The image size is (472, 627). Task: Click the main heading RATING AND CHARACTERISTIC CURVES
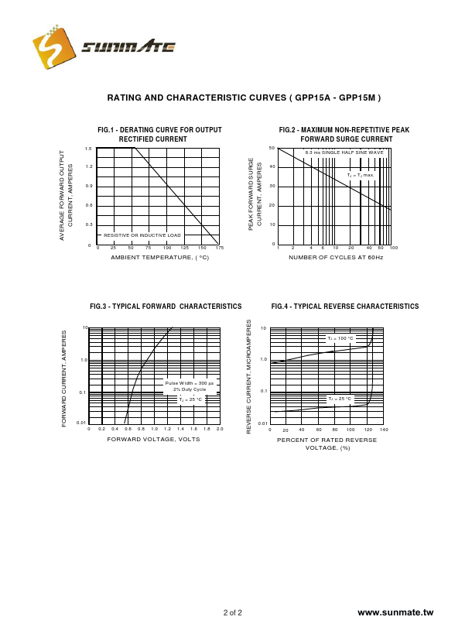(x=244, y=98)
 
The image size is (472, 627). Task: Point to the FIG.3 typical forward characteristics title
(x=166, y=307)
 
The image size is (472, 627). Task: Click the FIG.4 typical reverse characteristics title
(x=345, y=307)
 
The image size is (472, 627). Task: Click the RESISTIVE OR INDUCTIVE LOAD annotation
(x=142, y=235)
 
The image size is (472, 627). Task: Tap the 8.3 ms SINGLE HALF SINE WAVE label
(x=344, y=152)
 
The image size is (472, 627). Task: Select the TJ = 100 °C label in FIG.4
(x=340, y=338)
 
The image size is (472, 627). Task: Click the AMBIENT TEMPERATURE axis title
(x=159, y=257)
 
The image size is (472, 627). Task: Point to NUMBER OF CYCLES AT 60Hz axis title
(x=336, y=257)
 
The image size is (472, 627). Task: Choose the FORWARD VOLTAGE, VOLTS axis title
(x=153, y=439)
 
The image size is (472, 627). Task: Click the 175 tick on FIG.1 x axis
(x=220, y=248)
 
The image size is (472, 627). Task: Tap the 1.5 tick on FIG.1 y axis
(x=89, y=149)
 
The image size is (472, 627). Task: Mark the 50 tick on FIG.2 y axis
(x=272, y=148)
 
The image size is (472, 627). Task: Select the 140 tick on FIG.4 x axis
(x=384, y=430)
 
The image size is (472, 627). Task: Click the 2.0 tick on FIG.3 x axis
(x=220, y=429)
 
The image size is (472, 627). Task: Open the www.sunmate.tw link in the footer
(x=396, y=612)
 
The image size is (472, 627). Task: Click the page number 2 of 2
(x=233, y=613)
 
